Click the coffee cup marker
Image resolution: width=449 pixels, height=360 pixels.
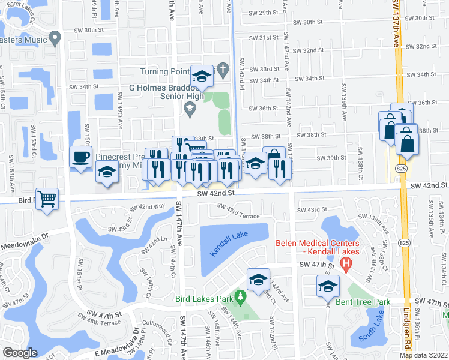coord(81,157)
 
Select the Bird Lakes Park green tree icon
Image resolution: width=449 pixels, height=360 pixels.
coord(240,296)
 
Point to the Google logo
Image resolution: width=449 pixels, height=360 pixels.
coord(20,352)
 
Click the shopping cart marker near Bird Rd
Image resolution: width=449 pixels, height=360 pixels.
coord(47,197)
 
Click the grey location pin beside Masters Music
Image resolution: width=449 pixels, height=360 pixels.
coord(56,40)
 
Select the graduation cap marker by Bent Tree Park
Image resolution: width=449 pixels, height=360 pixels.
coord(328,286)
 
